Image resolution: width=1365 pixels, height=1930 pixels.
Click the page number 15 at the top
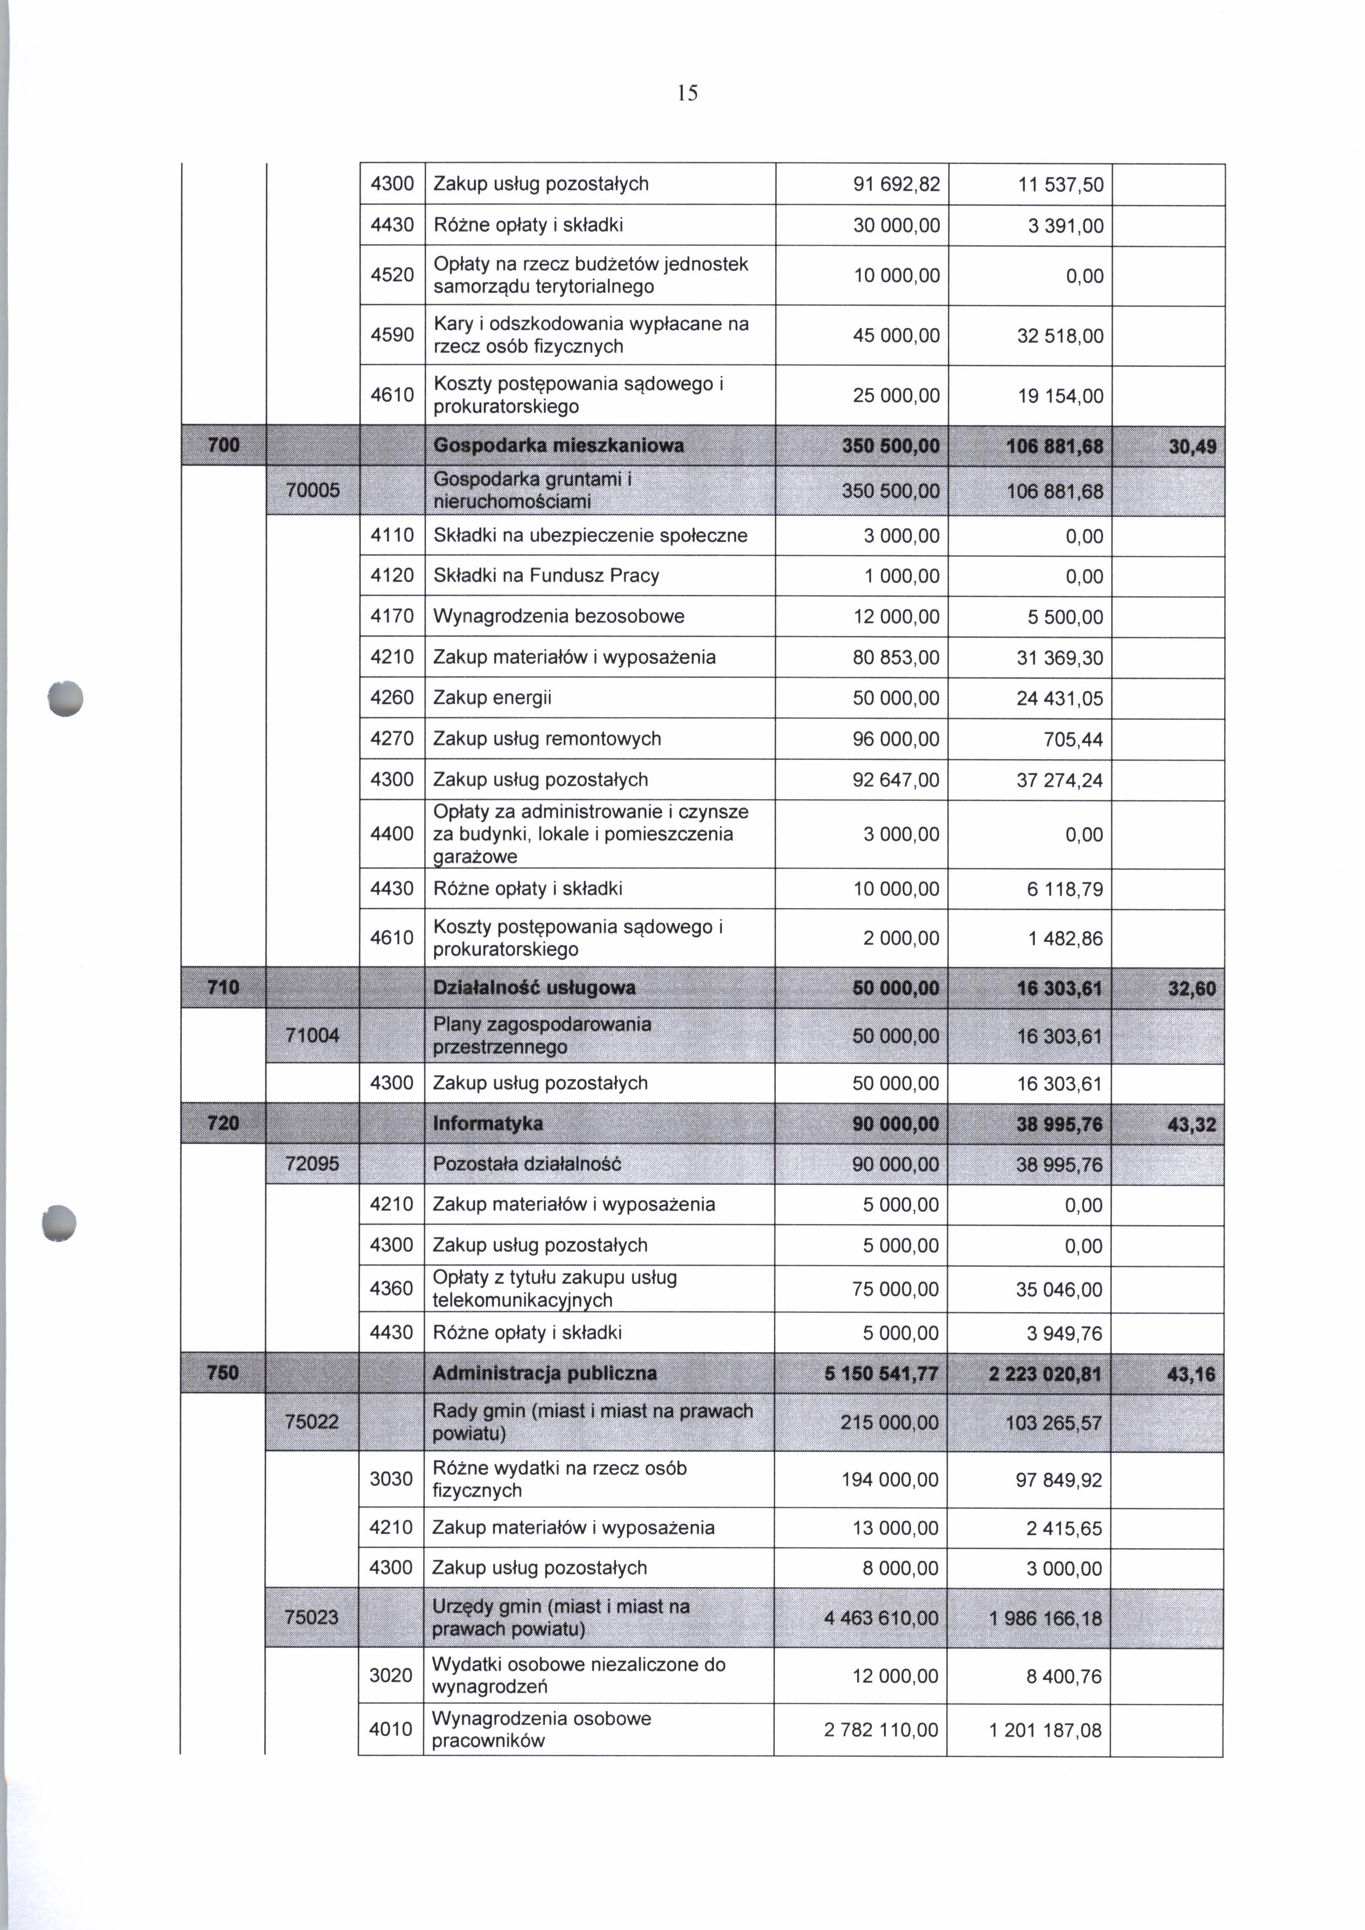[x=687, y=94]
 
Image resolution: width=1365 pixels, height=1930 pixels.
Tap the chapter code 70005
[x=313, y=490]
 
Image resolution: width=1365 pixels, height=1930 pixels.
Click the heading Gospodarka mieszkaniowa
[x=558, y=446]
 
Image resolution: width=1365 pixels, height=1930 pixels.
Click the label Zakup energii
[x=492, y=698]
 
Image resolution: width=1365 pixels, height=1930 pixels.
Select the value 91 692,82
[x=896, y=184]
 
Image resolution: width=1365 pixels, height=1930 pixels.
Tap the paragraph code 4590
[x=392, y=335]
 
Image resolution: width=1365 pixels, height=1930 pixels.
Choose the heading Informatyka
[x=488, y=1124]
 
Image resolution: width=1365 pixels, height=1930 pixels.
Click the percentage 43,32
[x=1192, y=1125]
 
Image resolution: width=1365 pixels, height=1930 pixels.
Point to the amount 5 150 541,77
[x=882, y=1374]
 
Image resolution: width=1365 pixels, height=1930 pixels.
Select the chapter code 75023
[x=312, y=1617]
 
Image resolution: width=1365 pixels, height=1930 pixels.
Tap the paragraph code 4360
[x=392, y=1289]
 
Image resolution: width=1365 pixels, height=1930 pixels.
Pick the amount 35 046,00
[x=1059, y=1289]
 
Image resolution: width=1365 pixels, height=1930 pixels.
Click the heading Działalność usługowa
[x=534, y=988]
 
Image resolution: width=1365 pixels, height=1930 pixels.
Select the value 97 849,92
[x=1058, y=1480]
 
